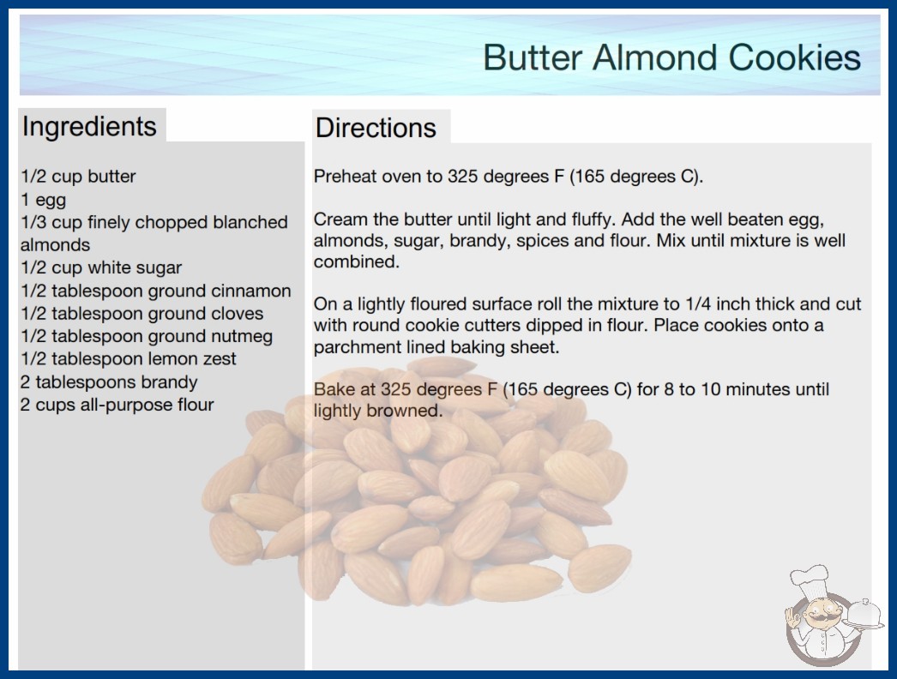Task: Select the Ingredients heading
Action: point(89,126)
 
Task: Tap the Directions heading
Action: point(376,128)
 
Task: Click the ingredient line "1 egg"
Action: point(44,200)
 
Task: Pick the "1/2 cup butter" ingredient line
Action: point(78,177)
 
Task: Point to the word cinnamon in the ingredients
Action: point(251,291)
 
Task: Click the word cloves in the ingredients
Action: point(238,314)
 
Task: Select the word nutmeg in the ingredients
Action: point(242,337)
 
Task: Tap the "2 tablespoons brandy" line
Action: point(109,382)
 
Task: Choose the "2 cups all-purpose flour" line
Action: point(117,405)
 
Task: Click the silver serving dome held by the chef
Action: point(864,614)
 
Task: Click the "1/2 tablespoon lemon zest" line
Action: point(128,359)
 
